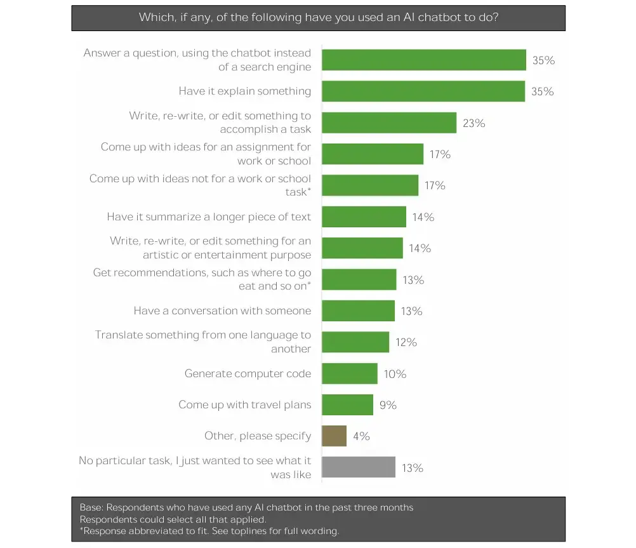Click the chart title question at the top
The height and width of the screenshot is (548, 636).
pos(318,18)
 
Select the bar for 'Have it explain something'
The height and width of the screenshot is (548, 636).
pos(423,91)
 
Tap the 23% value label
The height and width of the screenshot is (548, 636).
pos(474,123)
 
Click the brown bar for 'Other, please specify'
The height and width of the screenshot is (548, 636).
pos(334,436)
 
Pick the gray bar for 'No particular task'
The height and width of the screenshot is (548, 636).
pos(359,467)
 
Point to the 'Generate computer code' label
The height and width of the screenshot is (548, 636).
pos(248,373)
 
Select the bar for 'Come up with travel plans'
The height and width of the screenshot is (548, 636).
pos(347,405)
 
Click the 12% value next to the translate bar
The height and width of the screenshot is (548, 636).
pos(406,342)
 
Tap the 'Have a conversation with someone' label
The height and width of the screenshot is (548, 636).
pos(222,311)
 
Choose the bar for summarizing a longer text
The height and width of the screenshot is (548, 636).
pos(364,217)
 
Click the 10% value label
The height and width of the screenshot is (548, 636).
pos(394,374)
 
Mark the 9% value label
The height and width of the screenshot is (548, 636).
pos(388,405)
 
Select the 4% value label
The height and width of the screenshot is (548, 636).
pos(361,436)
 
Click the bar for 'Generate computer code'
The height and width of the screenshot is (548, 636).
pos(350,373)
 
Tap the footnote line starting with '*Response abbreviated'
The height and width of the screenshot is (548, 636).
pos(209,531)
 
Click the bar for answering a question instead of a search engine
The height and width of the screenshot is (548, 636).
pos(424,60)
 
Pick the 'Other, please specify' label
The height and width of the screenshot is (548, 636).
pos(258,436)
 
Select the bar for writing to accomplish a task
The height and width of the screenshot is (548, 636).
pos(389,123)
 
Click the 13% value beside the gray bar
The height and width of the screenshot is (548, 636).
pos(412,468)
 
